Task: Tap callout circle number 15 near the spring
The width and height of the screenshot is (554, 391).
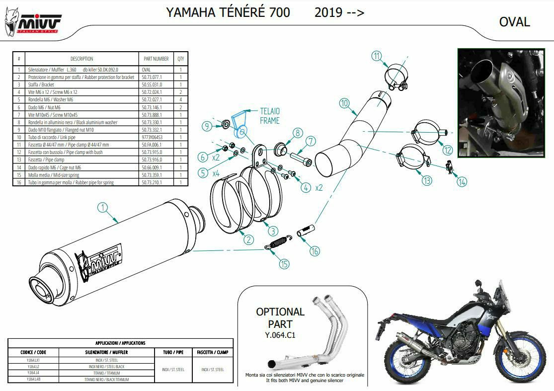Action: (x=284, y=263)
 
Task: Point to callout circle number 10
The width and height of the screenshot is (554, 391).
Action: (x=345, y=104)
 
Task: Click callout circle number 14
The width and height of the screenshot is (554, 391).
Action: (x=462, y=182)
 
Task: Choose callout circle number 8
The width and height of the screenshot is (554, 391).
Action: (x=297, y=133)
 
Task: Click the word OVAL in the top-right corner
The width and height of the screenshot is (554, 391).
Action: (x=514, y=22)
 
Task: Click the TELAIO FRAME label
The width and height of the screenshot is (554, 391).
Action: (x=270, y=116)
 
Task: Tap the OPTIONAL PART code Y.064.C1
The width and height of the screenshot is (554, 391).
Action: (x=280, y=335)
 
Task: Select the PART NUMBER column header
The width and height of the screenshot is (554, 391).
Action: (x=156, y=59)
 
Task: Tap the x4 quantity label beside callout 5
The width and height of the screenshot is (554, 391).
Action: (x=216, y=174)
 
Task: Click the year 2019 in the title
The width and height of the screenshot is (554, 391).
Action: (x=328, y=12)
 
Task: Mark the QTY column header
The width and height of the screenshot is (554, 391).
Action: (x=181, y=59)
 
